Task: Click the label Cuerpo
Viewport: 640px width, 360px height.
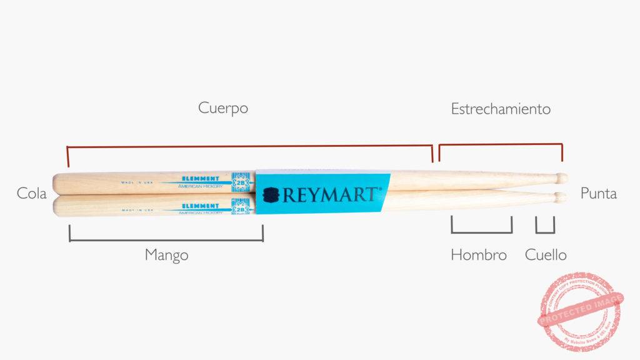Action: click(x=223, y=108)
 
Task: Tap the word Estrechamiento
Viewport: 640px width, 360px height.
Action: click(x=501, y=109)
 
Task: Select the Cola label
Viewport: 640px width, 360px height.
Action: click(x=32, y=194)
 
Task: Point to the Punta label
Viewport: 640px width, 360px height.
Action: click(x=598, y=194)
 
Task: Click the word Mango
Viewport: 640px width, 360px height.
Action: click(x=166, y=255)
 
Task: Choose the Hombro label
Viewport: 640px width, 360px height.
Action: click(x=479, y=255)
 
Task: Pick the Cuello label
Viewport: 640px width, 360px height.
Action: click(x=546, y=255)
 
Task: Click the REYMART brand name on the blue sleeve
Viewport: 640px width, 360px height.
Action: click(x=330, y=194)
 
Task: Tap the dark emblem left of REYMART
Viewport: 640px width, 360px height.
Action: click(x=271, y=195)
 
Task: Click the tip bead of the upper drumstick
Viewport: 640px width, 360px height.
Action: click(x=562, y=178)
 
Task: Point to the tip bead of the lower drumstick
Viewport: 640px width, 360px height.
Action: click(x=561, y=197)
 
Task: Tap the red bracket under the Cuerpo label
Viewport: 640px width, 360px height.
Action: click(x=249, y=147)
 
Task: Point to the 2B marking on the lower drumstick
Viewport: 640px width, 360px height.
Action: click(x=241, y=209)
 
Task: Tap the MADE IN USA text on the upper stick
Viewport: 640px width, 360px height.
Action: click(x=137, y=183)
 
